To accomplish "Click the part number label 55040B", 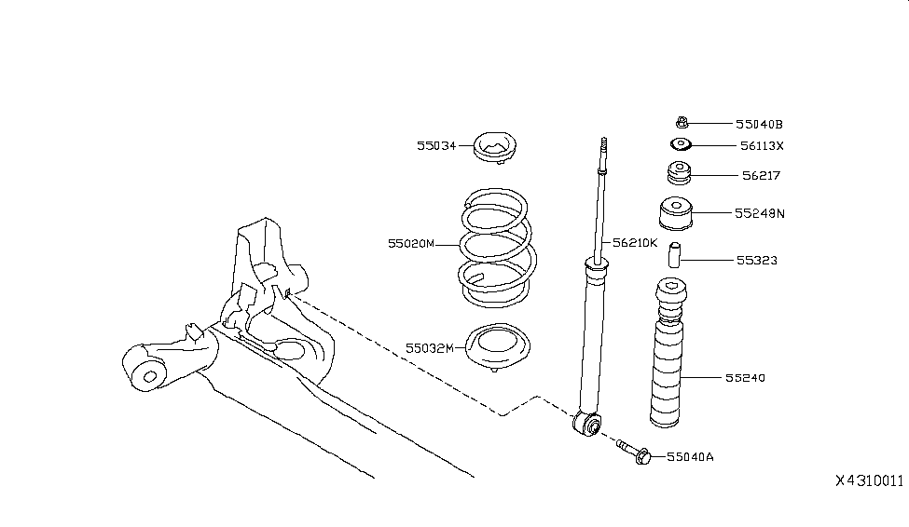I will (759, 123).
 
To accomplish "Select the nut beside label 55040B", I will (682, 121).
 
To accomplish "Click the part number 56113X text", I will (762, 145).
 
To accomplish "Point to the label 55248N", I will (759, 213).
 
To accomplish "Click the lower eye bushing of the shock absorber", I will (587, 426).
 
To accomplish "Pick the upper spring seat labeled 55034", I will (494, 147).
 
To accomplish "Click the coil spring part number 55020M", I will (411, 244).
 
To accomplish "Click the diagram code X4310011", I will (869, 480).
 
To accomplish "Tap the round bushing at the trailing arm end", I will (146, 375).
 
